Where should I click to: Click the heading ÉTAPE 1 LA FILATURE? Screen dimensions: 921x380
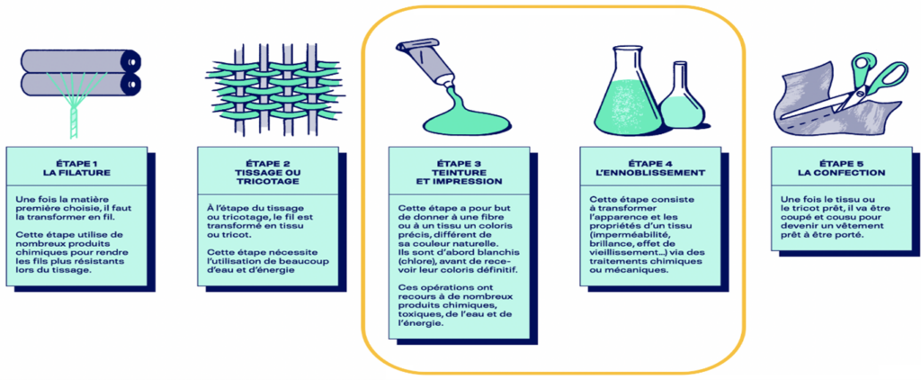point(76,167)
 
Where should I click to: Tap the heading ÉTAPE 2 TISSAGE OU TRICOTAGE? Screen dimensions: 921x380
point(268,172)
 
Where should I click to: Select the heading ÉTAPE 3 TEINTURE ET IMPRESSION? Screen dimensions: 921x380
point(459,172)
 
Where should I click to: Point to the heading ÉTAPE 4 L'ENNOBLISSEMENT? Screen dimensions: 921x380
point(650,167)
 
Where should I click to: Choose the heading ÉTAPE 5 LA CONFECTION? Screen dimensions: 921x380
point(841,167)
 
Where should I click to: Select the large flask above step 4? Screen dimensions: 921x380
point(629,88)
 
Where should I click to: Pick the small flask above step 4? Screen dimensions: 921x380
point(682,97)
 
